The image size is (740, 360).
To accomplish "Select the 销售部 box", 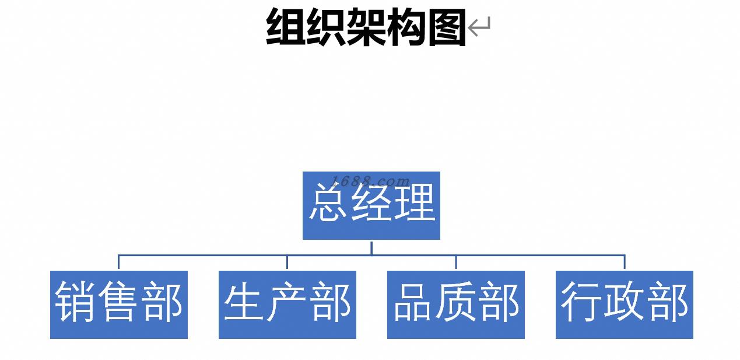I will coord(118,305).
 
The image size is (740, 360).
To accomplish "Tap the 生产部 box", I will coord(287,305).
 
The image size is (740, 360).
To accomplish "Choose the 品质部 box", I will coord(455,305).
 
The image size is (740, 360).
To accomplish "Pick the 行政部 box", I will coord(624,305).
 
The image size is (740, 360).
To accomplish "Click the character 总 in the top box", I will coord(328,204).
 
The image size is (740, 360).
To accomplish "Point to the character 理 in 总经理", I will coord(415,204).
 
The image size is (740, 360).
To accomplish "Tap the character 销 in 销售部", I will coord(76,302).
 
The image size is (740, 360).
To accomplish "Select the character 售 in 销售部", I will coord(119,302).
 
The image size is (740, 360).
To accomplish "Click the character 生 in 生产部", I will coord(244,302).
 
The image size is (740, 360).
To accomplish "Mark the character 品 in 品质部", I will coord(413,302).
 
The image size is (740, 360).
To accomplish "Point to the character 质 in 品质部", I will coord(455,302).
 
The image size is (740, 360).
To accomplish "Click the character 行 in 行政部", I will coord(581,302).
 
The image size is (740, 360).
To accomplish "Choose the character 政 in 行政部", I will coord(625,302).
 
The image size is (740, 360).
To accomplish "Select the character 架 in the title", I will coord(366,27).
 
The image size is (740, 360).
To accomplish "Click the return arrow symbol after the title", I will coord(479,27).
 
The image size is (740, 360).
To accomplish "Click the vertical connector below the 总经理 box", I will coord(371,247).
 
